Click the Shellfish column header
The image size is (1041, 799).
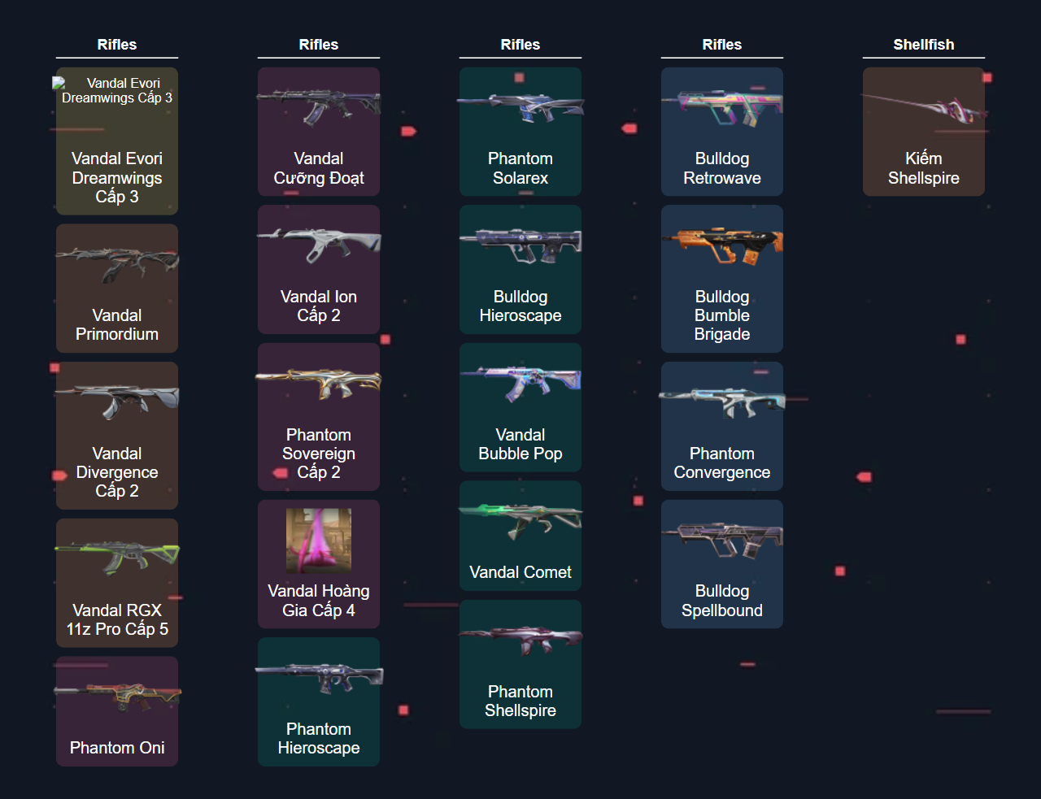[923, 45]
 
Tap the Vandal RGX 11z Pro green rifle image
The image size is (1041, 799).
[117, 557]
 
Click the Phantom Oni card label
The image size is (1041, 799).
[117, 748]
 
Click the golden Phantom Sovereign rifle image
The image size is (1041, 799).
[319, 382]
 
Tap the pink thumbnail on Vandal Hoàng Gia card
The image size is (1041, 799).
[319, 541]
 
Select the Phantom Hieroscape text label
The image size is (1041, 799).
[319, 739]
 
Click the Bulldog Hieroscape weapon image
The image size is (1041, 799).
[520, 244]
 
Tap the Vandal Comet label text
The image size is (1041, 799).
[520, 572]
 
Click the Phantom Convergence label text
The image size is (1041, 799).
[722, 463]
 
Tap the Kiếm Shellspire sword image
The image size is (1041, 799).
[924, 107]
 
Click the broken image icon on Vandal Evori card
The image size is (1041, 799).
[59, 83]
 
